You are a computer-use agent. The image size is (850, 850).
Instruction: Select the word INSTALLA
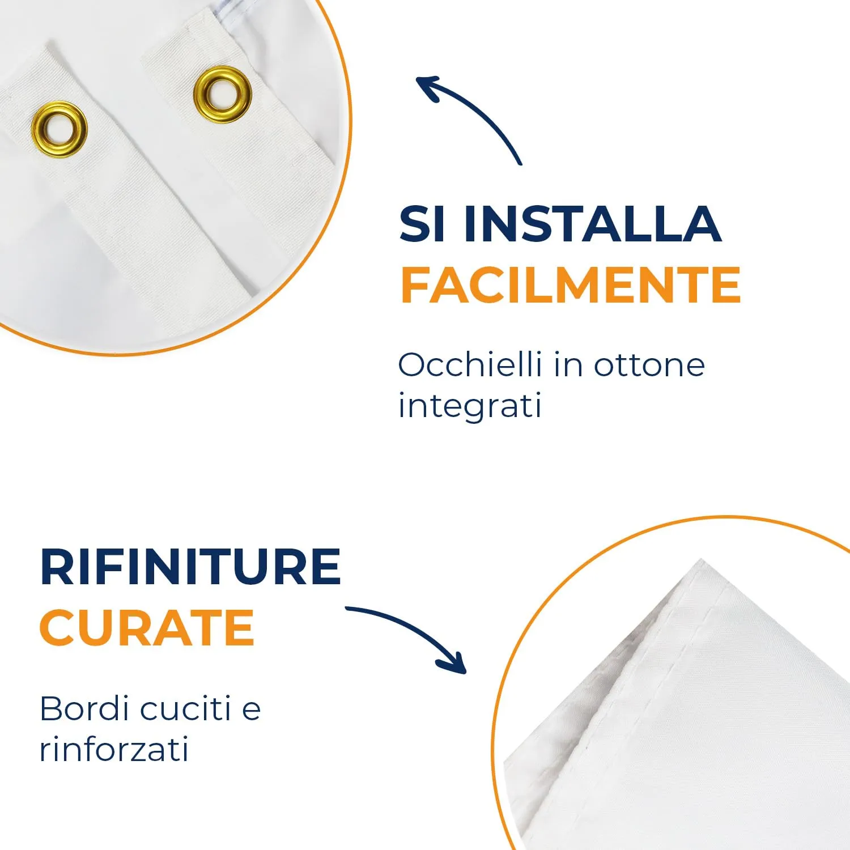pos(593,224)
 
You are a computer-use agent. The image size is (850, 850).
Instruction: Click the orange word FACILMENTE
pos(571,285)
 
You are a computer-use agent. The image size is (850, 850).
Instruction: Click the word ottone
pos(649,365)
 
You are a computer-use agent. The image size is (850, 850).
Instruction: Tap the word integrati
pos(470,406)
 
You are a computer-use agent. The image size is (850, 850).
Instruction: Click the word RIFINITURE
pos(190,567)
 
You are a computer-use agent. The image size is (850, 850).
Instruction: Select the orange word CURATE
pos(147,627)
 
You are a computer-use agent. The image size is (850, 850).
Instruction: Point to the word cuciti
pos(185,708)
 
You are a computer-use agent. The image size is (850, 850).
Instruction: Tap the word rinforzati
pos(114,750)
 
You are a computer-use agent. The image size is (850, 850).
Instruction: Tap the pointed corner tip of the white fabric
pos(702,560)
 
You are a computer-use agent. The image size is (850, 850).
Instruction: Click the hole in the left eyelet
pos(59,130)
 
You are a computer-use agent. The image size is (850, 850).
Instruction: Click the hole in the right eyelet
pos(222,94)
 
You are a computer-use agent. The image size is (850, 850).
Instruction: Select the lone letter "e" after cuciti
pos(251,710)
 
